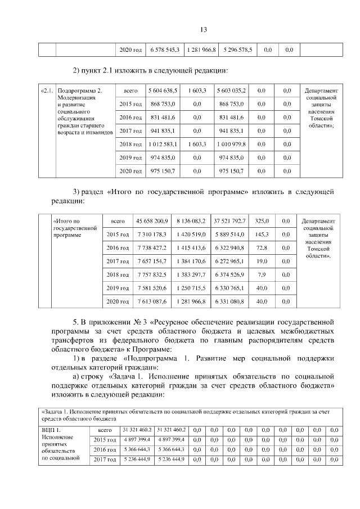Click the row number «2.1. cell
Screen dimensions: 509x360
(x=47, y=91)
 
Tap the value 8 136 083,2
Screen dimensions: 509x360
(x=190, y=220)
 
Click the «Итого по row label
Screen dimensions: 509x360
(x=66, y=221)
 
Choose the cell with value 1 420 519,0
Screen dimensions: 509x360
(x=190, y=234)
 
